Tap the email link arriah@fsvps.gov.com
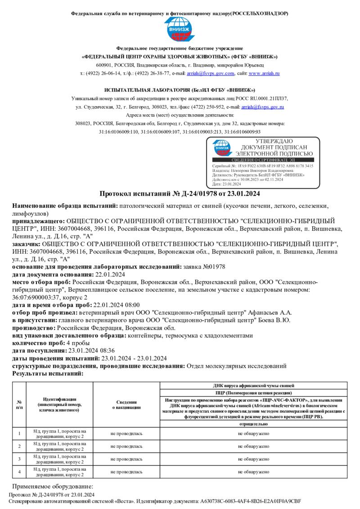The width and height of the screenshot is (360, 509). pos(211,73)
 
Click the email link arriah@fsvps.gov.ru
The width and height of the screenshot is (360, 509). pos(262,107)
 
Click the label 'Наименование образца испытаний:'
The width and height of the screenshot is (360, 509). pos(64,206)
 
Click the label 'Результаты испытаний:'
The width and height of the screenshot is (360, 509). pos(48,373)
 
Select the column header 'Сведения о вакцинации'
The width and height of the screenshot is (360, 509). pos(126,405)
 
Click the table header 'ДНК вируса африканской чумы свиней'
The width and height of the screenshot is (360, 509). pos(253,386)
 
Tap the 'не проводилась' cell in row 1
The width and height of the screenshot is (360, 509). pos(126,433)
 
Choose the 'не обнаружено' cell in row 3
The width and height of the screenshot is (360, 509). pos(253,459)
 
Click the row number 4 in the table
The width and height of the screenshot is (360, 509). pos(19,471)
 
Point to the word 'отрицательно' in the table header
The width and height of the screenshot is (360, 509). pos(253,424)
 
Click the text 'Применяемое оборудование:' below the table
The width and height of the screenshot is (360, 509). pos(52,487)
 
